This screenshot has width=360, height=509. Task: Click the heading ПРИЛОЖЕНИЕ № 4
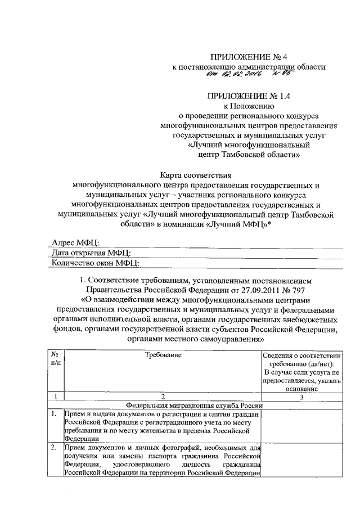(x=249, y=57)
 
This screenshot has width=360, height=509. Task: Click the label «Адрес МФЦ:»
(x=75, y=242)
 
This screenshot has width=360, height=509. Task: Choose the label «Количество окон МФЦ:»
(x=95, y=262)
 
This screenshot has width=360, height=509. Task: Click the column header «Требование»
(x=162, y=355)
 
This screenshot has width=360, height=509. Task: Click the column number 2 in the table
(x=162, y=397)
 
